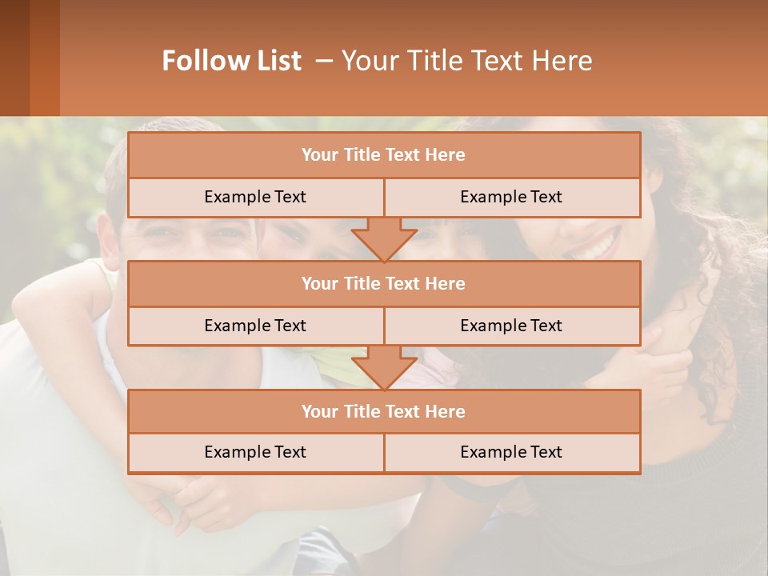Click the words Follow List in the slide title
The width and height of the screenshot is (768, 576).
pos(231,61)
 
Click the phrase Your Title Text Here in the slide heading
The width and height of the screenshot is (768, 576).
pos(467,61)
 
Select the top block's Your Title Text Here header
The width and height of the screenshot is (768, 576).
pos(383,155)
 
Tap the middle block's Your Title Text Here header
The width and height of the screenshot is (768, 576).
pos(383,283)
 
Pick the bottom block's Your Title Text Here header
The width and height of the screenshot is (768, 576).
pos(383,411)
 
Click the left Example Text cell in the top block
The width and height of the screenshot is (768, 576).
pos(255,197)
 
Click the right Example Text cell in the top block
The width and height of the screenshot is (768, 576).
pos(511,197)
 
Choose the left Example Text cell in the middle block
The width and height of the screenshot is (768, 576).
pos(255,326)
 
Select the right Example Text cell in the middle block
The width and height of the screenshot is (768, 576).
pos(511,326)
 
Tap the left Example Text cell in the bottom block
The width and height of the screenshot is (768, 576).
pos(255,452)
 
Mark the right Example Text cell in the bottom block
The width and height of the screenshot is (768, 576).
pos(511,452)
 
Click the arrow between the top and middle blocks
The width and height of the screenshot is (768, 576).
pos(384,239)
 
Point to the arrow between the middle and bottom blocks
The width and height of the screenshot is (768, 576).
pos(384,367)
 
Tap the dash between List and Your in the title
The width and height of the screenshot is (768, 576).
pos(324,61)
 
